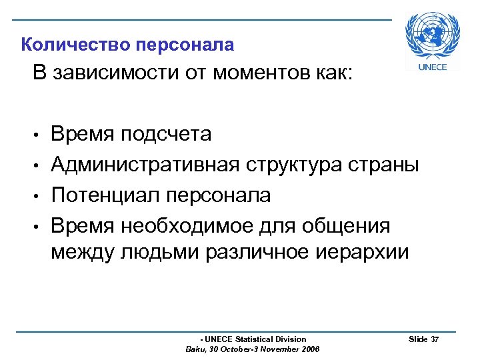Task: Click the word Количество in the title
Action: [x=75, y=45]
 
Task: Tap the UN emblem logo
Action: [x=433, y=36]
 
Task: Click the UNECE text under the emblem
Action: [x=432, y=67]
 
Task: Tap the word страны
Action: [x=389, y=165]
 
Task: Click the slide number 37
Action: [x=435, y=340]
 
